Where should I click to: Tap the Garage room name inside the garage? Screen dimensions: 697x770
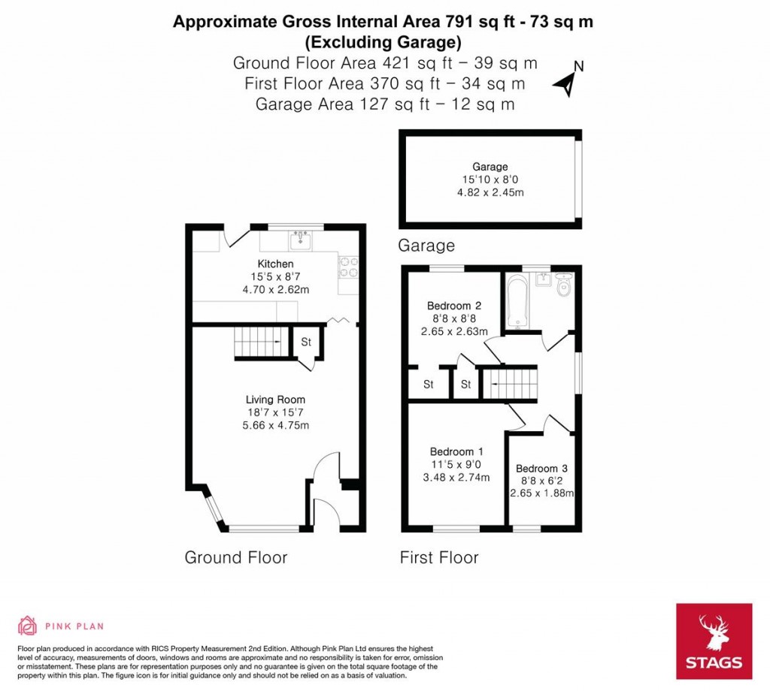pos(490,167)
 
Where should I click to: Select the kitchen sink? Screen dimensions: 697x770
pos(301,240)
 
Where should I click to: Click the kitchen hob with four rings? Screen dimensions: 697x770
pos(350,267)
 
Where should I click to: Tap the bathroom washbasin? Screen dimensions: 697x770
pos(543,279)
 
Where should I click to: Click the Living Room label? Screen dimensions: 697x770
pos(275,400)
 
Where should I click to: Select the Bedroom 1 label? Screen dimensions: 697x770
pos(456,451)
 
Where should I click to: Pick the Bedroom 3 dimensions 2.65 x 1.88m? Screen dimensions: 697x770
pos(541,493)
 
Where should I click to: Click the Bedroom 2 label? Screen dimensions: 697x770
pos(453,306)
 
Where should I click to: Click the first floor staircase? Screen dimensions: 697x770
pos(511,384)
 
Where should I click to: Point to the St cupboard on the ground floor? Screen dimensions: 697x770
pos(306,342)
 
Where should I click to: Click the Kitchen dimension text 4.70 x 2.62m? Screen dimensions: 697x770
pos(275,288)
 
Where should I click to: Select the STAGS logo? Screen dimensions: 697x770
pos(713,641)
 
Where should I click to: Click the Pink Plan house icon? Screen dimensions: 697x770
pos(28,626)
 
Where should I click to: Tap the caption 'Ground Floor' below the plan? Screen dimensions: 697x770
pos(236,557)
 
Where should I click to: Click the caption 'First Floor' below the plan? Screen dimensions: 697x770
pos(438,557)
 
